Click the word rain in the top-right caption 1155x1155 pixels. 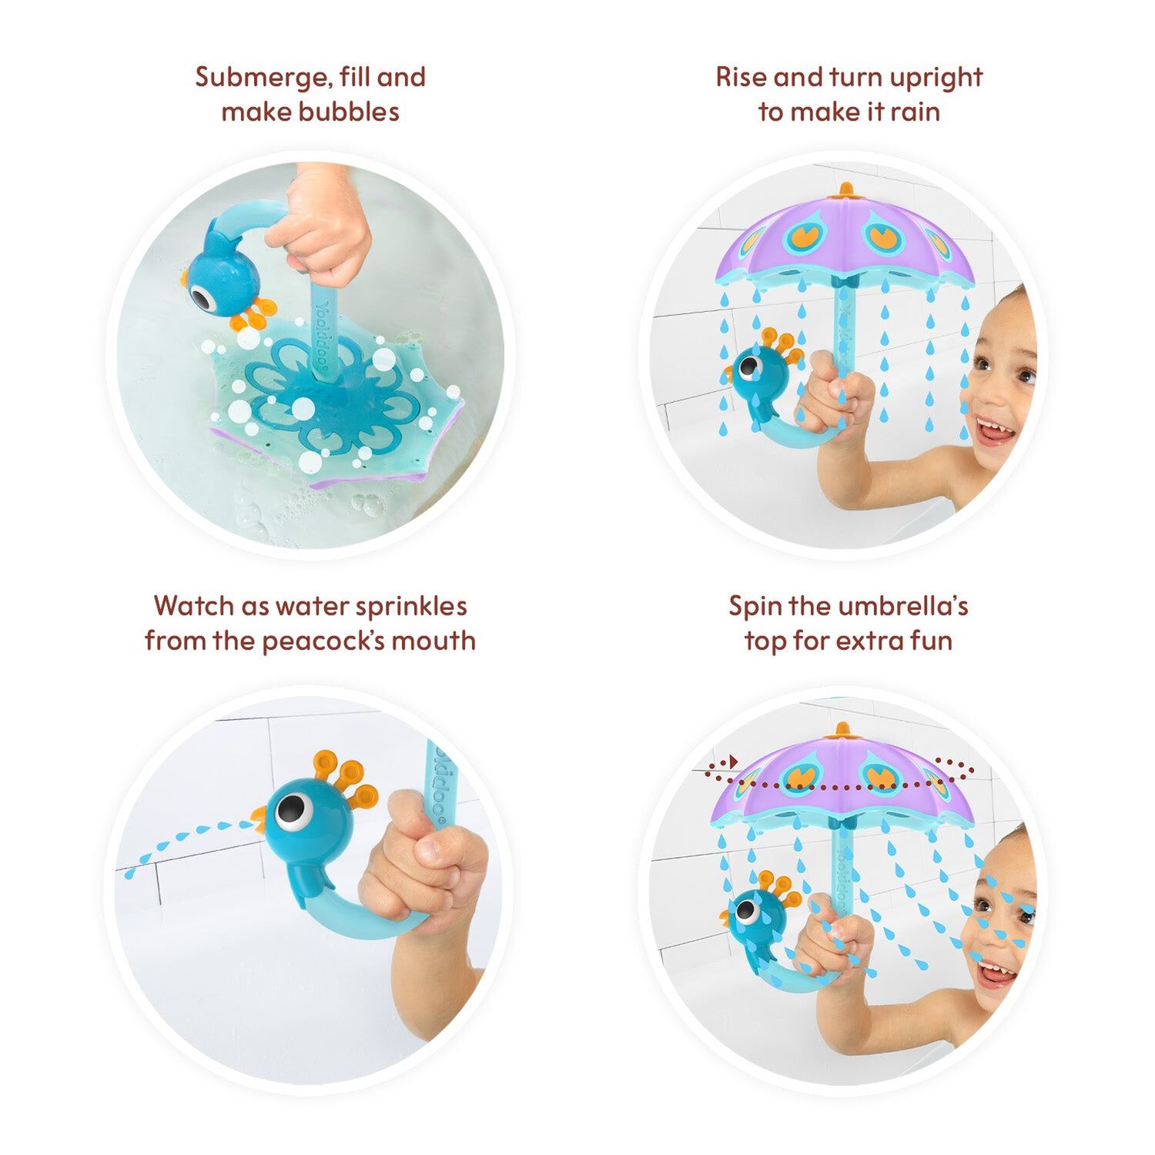pos(916,112)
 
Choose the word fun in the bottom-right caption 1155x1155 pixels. pos(931,641)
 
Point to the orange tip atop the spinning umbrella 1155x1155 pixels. pos(842,728)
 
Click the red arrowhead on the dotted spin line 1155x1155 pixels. pos(734,762)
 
